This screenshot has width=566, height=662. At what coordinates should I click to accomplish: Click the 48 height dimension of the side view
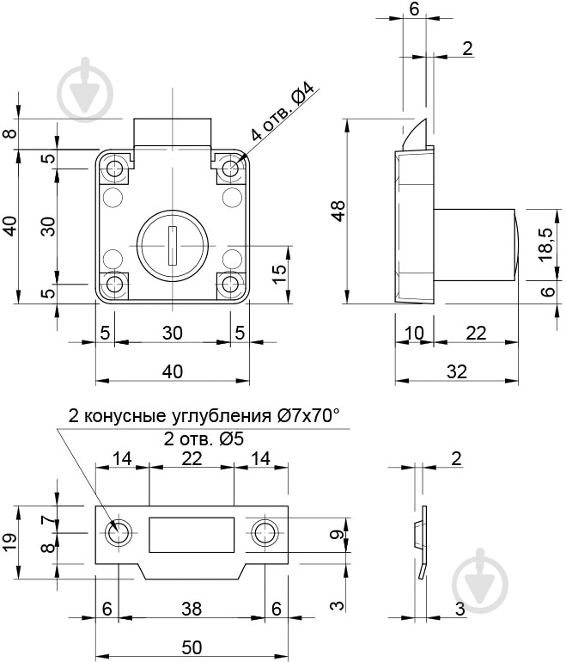tap(338, 211)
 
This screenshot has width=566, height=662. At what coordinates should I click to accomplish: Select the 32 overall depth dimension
tap(456, 371)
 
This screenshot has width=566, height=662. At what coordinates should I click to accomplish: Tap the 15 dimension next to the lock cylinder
tap(278, 274)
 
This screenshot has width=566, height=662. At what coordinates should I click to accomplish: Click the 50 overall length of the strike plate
tap(191, 646)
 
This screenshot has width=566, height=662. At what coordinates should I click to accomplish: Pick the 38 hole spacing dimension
tap(191, 609)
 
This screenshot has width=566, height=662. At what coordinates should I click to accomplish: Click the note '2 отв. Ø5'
tap(204, 438)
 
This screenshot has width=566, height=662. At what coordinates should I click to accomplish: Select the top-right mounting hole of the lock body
tap(229, 169)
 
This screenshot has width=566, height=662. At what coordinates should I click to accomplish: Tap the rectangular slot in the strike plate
tap(192, 535)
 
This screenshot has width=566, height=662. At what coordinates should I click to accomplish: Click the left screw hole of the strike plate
tap(118, 533)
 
